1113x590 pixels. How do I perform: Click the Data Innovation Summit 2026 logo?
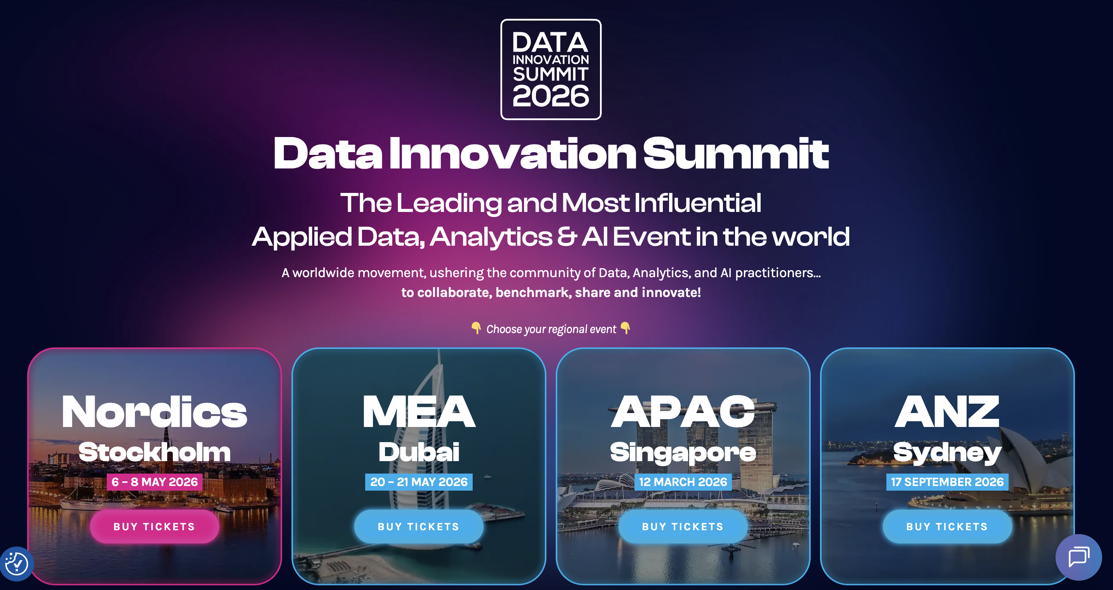tap(550, 69)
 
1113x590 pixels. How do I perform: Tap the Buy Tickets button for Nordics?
tap(154, 526)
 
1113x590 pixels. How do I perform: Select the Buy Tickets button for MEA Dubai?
tap(418, 526)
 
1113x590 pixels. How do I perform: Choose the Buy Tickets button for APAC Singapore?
tap(683, 526)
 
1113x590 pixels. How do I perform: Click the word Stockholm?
tap(154, 452)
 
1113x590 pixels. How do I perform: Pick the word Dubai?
tap(418, 452)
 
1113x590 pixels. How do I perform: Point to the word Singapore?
tap(683, 452)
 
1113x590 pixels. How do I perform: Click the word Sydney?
tap(947, 452)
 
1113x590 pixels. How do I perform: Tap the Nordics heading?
tap(154, 412)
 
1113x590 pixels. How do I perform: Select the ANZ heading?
tap(947, 412)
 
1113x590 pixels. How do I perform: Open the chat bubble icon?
tap(1078, 557)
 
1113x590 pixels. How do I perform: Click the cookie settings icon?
tap(16, 564)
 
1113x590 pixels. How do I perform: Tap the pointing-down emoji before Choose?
tap(476, 328)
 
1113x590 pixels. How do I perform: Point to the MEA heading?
tap(418, 412)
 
